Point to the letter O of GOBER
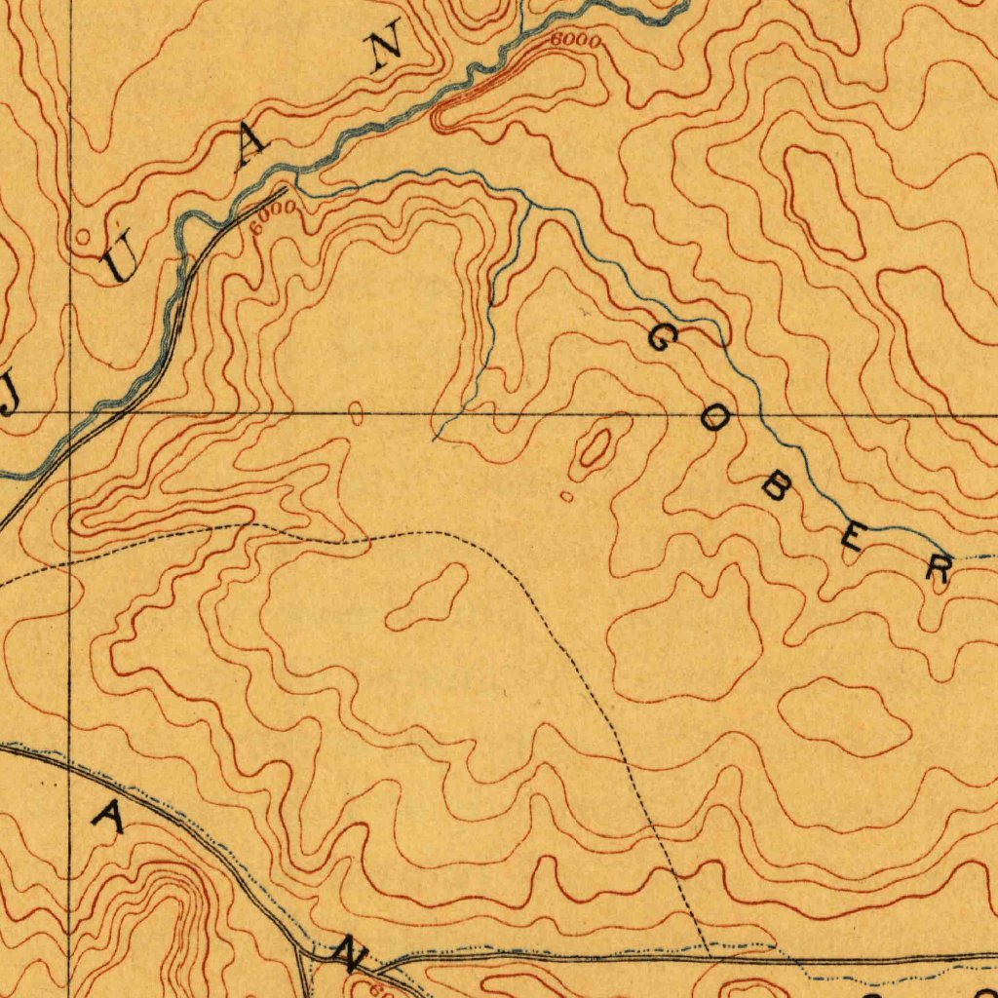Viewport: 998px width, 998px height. [716, 421]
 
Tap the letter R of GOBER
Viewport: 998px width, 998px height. [939, 568]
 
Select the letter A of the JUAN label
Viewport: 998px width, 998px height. [252, 146]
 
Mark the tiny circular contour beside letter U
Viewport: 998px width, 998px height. [83, 236]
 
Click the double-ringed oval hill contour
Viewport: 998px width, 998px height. [595, 448]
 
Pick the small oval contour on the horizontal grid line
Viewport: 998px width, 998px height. [357, 414]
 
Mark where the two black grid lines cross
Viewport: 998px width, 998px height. [70, 413]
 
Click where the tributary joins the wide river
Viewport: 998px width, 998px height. [295, 181]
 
